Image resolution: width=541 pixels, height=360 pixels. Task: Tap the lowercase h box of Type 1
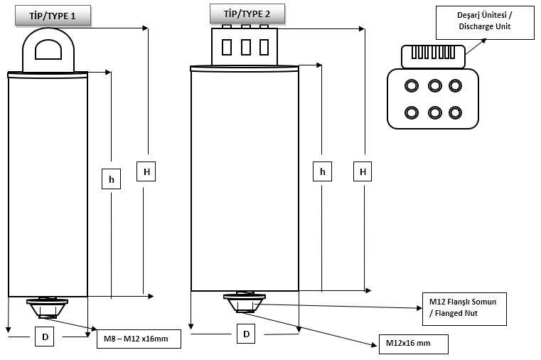tap(111, 179)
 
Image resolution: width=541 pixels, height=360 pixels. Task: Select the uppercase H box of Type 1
tap(146, 171)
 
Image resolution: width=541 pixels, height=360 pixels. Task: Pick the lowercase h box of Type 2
tap(323, 171)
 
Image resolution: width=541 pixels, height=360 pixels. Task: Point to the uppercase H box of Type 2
tap(363, 171)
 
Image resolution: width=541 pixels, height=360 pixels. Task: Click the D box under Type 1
tap(45, 337)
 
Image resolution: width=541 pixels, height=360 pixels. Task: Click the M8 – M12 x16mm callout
tap(139, 339)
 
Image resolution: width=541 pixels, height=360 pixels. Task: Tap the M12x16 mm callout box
tap(414, 344)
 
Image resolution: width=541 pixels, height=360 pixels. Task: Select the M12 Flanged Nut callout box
tap(463, 307)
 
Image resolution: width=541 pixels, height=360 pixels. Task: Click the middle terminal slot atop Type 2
tap(245, 47)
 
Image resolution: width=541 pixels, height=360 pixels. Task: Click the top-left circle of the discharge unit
tap(411, 86)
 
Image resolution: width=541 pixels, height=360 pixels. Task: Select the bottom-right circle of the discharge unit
tap(455, 112)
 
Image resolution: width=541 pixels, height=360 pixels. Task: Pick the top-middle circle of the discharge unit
tap(434, 86)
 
